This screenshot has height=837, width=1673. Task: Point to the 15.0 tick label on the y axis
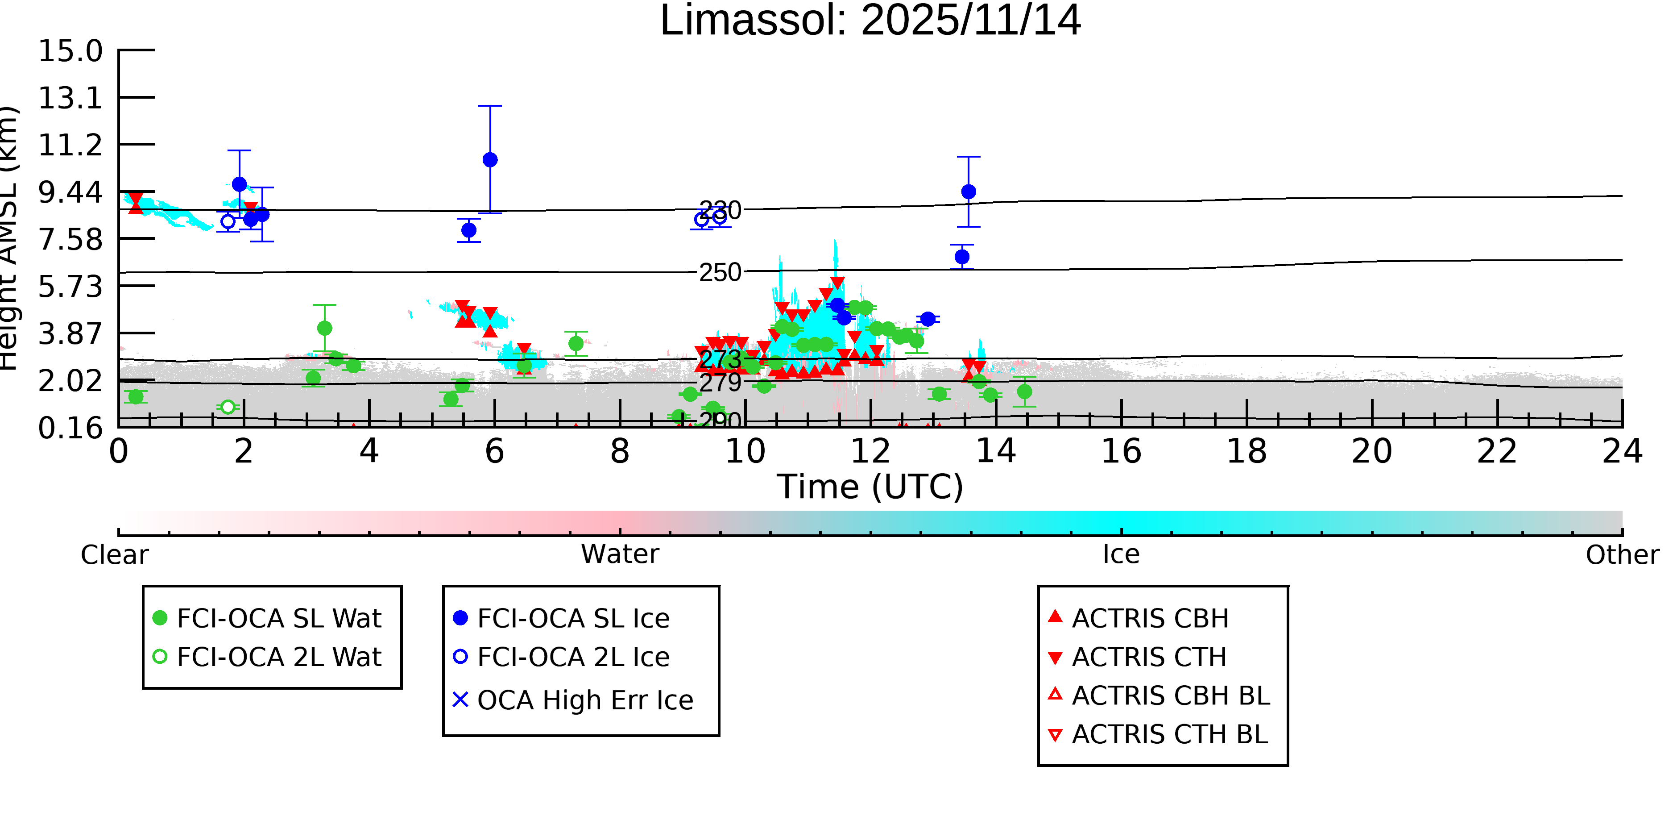tap(70, 51)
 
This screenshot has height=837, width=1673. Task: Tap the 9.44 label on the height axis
tap(70, 192)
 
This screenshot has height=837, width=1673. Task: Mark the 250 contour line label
tap(720, 272)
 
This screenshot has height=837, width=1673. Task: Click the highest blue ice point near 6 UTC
tap(490, 160)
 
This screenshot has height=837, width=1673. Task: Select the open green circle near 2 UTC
tap(228, 407)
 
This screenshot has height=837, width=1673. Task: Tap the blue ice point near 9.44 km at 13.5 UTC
tap(969, 192)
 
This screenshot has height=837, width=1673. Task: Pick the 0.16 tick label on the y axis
tap(70, 428)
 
